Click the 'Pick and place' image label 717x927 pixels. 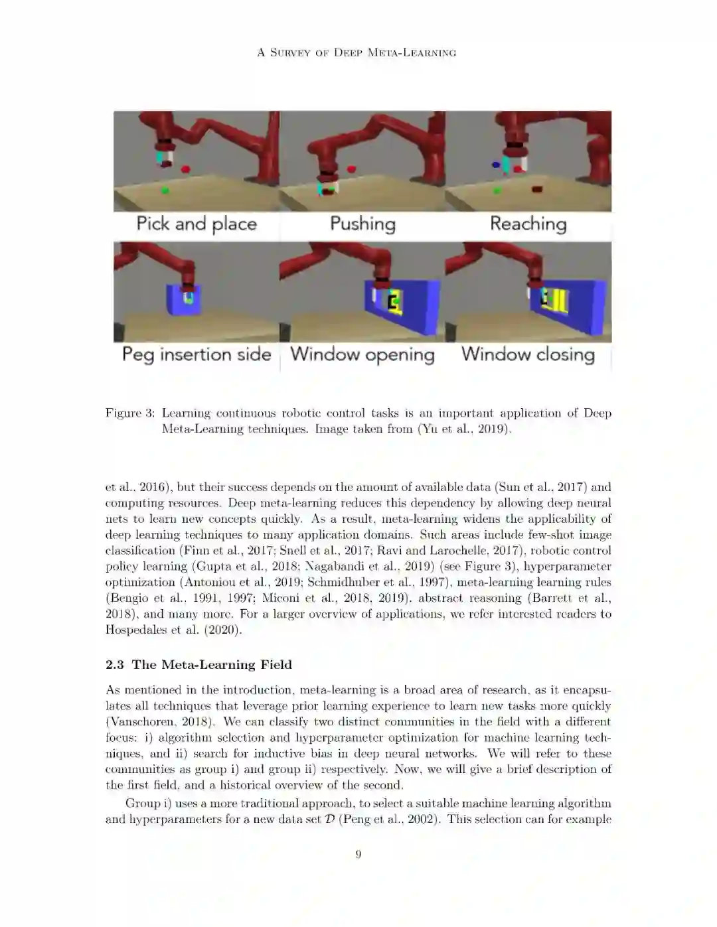coord(197,224)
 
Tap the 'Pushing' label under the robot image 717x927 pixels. coord(362,224)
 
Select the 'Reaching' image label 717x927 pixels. coord(528,224)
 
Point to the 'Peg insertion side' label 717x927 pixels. coord(197,355)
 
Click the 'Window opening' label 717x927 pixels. coord(362,355)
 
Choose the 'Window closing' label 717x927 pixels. coord(528,355)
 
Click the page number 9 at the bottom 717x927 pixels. coord(358,853)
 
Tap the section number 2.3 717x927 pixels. coord(115,664)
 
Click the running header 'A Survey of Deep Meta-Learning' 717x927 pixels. coord(357,52)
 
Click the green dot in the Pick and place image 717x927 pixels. coord(165,190)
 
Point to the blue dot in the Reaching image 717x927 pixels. coord(496,165)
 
